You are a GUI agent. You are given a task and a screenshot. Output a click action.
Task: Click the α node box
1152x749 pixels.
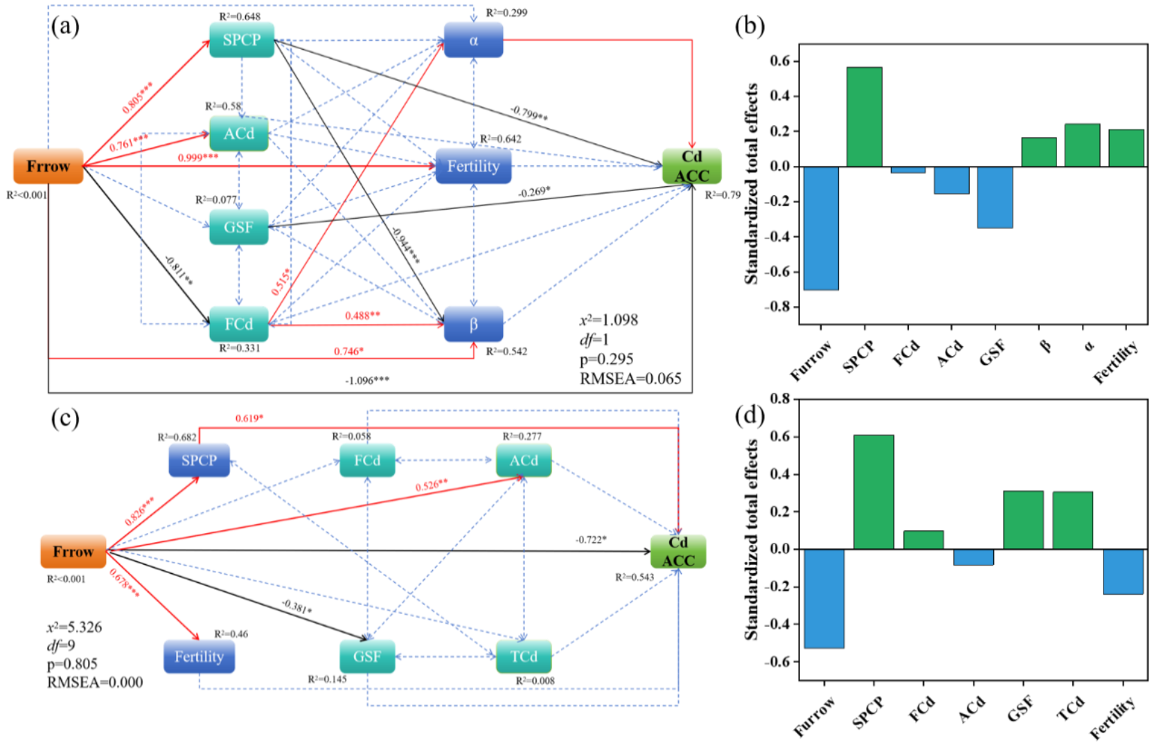pos(473,40)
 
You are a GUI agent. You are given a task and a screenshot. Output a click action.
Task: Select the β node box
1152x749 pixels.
pos(473,324)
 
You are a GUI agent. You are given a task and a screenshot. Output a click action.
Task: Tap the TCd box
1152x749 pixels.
pos(524,656)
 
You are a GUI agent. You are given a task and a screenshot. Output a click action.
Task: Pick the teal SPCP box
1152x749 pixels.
pos(242,40)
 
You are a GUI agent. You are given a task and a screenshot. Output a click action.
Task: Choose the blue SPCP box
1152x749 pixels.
pos(200,460)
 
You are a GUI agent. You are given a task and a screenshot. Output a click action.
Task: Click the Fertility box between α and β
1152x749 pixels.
pos(473,166)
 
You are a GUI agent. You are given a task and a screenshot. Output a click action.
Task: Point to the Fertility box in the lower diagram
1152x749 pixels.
pos(200,656)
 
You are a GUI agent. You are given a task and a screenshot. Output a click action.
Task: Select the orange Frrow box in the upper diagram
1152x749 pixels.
pos(48,166)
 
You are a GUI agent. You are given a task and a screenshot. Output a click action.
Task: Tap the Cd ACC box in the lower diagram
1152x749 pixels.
pos(678,552)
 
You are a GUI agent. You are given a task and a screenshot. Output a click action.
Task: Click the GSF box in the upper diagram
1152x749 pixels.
pos(239,227)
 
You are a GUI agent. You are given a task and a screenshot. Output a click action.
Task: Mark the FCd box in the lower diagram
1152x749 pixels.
pos(367,460)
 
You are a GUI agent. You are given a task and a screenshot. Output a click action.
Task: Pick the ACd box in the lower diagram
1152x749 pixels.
pos(524,460)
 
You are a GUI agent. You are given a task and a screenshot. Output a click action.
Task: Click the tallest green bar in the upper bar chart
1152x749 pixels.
pos(865,117)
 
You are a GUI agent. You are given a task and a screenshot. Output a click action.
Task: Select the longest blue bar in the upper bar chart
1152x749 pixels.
pos(821,228)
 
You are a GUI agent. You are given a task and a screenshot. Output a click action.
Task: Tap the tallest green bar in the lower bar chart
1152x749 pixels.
pos(874,492)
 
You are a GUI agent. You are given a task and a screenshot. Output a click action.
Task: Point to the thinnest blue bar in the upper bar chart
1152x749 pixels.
pos(908,170)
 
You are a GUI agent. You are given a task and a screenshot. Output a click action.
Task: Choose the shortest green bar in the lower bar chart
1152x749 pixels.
pos(923,540)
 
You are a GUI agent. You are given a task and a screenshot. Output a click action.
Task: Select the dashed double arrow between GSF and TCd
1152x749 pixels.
pos(445,656)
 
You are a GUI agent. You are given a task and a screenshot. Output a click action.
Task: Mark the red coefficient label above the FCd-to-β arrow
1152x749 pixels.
pos(362,316)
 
